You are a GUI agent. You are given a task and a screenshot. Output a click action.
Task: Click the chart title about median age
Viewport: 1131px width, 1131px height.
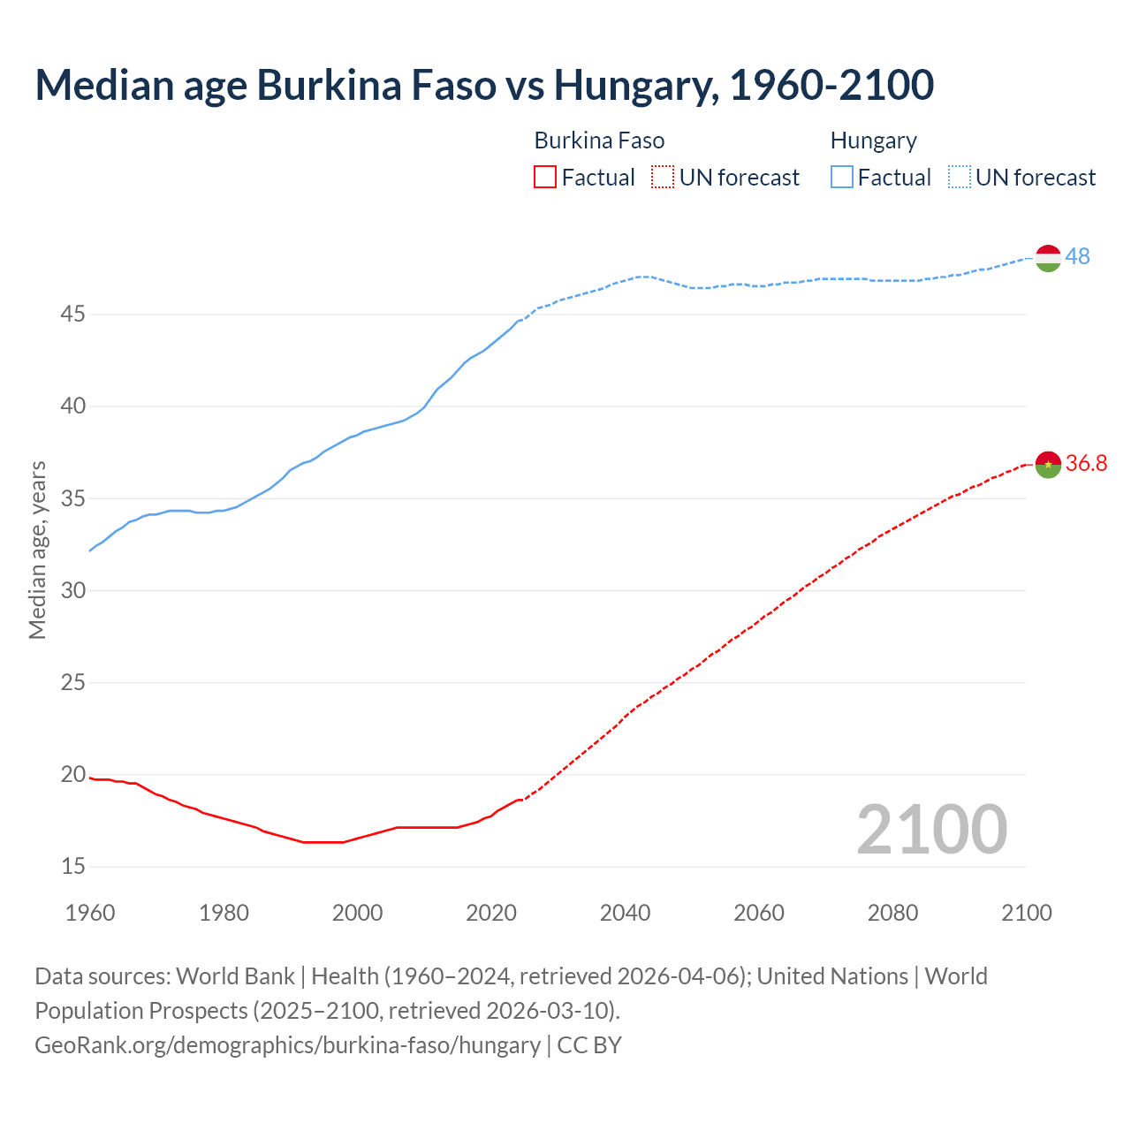tap(484, 85)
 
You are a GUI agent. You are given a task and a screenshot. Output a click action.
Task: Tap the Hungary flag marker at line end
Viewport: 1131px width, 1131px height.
tap(1047, 258)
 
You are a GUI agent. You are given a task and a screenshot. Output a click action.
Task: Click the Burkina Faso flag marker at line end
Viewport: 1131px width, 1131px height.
tap(1047, 464)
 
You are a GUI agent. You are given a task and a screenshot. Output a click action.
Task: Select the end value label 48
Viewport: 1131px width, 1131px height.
tap(1077, 256)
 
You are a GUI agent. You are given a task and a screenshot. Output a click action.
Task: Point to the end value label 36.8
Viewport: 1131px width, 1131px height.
tap(1086, 463)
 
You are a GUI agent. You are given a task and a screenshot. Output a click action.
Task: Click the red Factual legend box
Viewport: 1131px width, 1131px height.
tap(545, 178)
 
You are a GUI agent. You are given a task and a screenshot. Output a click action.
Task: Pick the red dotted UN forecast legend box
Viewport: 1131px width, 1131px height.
tap(662, 178)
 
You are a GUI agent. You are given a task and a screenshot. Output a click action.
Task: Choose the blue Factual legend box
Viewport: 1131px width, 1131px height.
tap(841, 178)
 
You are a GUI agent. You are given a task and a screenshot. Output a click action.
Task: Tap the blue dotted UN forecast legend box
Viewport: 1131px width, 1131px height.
tap(959, 178)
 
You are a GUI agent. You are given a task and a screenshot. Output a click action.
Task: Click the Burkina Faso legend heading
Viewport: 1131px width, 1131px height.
tap(599, 140)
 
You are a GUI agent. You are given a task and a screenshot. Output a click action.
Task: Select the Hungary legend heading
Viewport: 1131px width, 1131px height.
tap(873, 140)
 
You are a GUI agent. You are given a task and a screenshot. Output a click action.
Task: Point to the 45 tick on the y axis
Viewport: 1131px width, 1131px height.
tap(73, 314)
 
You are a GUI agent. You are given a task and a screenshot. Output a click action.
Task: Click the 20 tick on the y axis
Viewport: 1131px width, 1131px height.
tap(73, 774)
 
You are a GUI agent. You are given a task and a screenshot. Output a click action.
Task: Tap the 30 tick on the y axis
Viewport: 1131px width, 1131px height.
tap(73, 590)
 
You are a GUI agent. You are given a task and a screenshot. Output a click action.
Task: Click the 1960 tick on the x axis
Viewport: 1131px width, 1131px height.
tap(90, 913)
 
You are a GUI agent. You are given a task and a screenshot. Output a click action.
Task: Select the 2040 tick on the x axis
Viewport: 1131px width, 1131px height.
tap(625, 913)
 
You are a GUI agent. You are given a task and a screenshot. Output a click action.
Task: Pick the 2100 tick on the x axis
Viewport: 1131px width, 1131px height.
tap(1026, 913)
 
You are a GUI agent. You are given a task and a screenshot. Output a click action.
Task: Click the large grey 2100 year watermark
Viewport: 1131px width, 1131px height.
tap(931, 829)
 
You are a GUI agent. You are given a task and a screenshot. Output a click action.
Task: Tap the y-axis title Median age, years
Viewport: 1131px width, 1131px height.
tap(37, 550)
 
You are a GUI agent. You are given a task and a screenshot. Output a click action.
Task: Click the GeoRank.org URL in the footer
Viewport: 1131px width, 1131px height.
tap(287, 1045)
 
